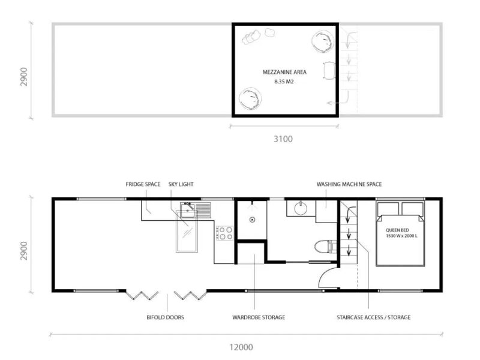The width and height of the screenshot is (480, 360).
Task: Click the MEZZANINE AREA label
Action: point(284,72)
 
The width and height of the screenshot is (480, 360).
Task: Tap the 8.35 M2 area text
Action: point(284,82)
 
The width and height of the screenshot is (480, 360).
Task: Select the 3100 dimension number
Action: point(283,139)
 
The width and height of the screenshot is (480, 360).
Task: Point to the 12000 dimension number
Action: point(241,347)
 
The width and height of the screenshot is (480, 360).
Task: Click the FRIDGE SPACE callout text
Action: point(143,184)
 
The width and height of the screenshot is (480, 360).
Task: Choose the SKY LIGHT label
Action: point(181,184)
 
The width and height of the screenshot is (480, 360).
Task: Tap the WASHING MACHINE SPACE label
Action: point(349,184)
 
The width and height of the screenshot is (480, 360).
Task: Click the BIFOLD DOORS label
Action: point(166,317)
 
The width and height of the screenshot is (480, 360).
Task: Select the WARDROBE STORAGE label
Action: point(259,317)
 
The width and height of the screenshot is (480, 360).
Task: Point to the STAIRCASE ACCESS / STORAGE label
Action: point(373,317)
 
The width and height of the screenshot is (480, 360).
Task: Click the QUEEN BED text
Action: point(397,230)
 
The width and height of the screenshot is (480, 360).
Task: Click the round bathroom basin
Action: point(301,209)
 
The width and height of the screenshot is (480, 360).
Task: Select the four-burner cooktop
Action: point(224,233)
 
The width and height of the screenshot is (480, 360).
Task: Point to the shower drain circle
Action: point(252,220)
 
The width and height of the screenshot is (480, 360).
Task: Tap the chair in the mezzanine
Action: point(329,71)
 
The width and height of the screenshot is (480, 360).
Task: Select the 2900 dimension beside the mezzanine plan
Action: point(24,77)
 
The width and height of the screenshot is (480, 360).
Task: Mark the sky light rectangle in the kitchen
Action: point(187,231)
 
